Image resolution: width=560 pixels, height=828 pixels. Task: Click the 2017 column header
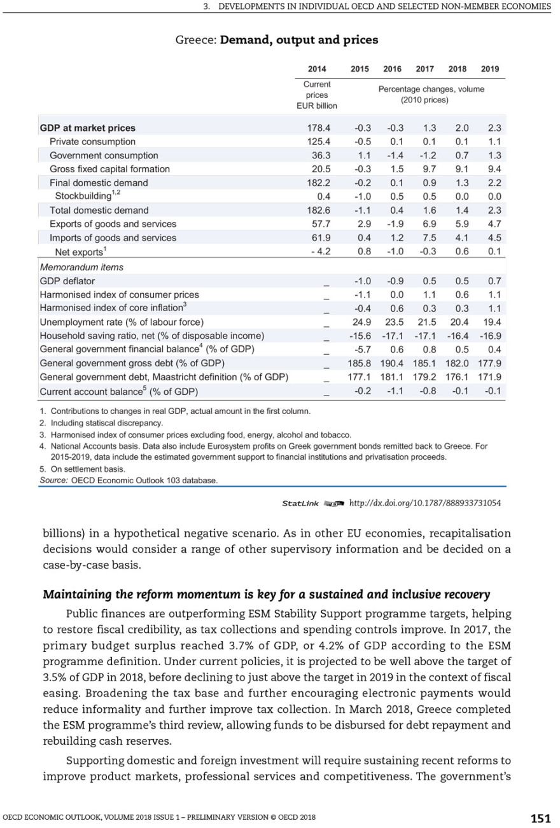click(424, 69)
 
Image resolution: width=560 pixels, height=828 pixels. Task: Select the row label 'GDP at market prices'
click(87, 128)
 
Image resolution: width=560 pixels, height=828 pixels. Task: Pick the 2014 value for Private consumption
click(319, 142)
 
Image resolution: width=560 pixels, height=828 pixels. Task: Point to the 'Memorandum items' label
click(81, 267)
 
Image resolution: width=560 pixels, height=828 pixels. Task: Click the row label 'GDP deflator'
click(67, 280)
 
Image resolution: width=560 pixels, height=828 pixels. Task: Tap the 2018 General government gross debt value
click(458, 363)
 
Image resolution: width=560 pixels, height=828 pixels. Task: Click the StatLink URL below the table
click(425, 503)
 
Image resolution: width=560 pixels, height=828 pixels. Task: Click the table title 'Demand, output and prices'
click(298, 40)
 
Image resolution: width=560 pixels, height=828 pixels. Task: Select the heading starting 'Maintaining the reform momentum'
click(266, 595)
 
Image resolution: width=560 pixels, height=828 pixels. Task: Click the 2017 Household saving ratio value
click(424, 336)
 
